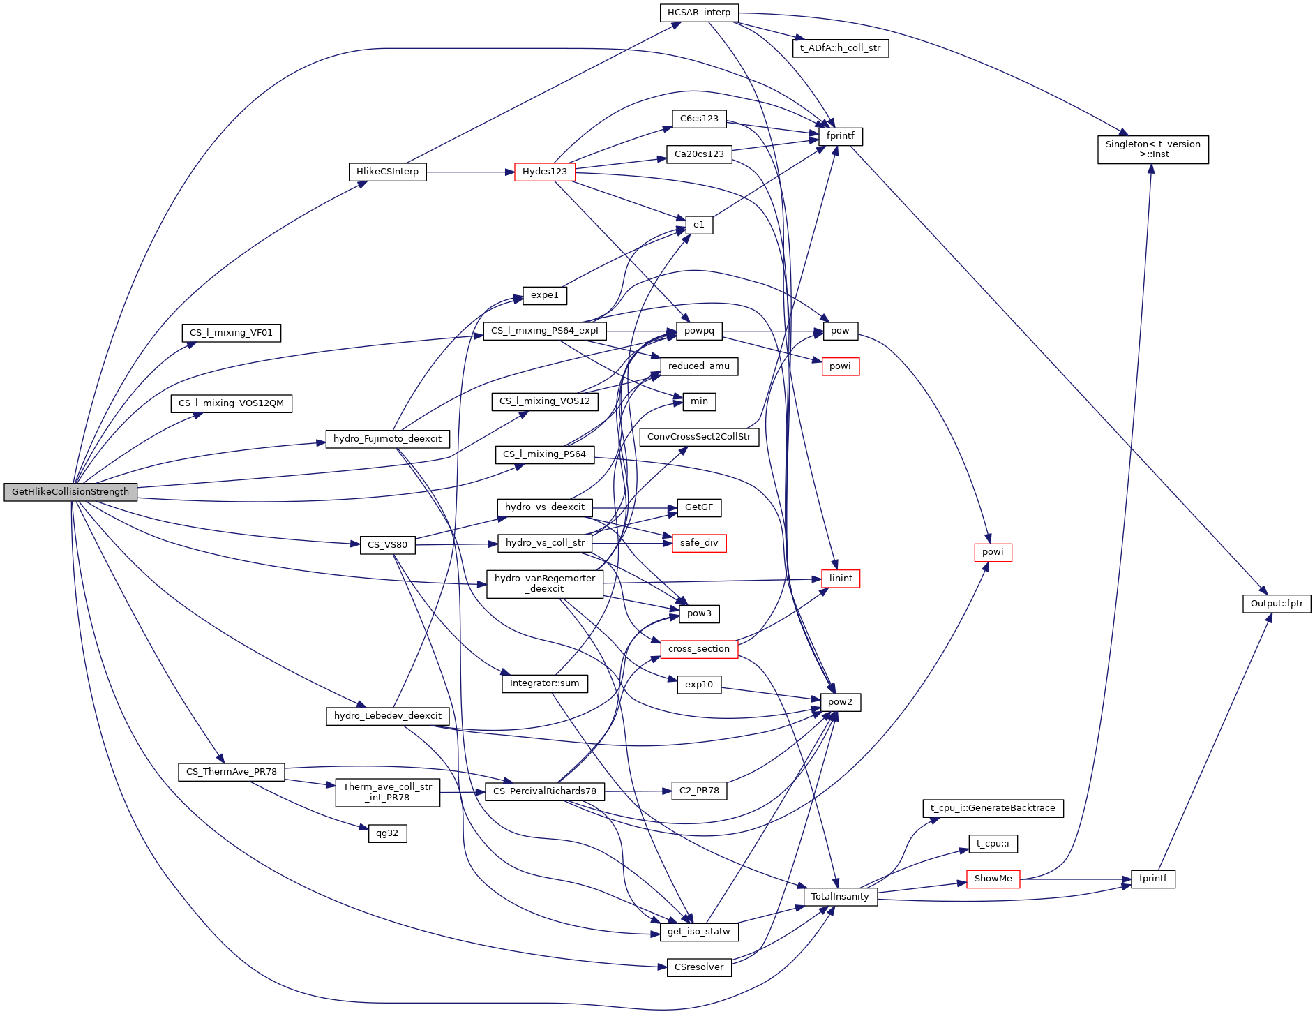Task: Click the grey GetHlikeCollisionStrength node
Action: point(70,492)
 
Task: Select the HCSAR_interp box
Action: point(698,13)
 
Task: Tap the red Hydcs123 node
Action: point(544,172)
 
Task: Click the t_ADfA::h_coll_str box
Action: point(840,48)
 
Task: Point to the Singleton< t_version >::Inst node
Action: point(1152,149)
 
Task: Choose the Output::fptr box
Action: point(1276,604)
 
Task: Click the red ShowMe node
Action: point(993,879)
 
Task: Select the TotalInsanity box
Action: point(840,897)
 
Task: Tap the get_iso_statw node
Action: point(698,932)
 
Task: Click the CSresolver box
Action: point(698,967)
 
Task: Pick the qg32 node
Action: point(387,833)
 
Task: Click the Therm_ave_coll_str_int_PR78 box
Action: point(387,792)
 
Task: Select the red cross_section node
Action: point(698,649)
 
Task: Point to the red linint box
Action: point(840,579)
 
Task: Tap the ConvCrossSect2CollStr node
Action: point(698,437)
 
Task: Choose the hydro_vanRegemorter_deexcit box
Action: point(544,583)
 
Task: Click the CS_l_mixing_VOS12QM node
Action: point(231,403)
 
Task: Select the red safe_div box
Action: point(698,543)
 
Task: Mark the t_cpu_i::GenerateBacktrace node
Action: point(993,808)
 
